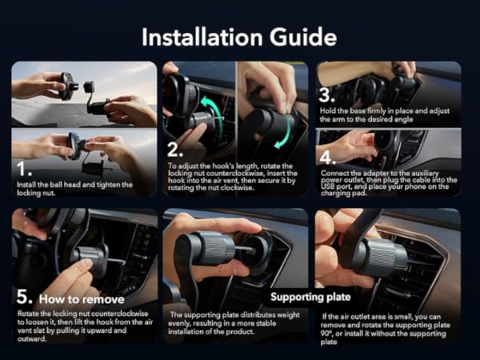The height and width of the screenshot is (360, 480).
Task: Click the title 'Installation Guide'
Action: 239,37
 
